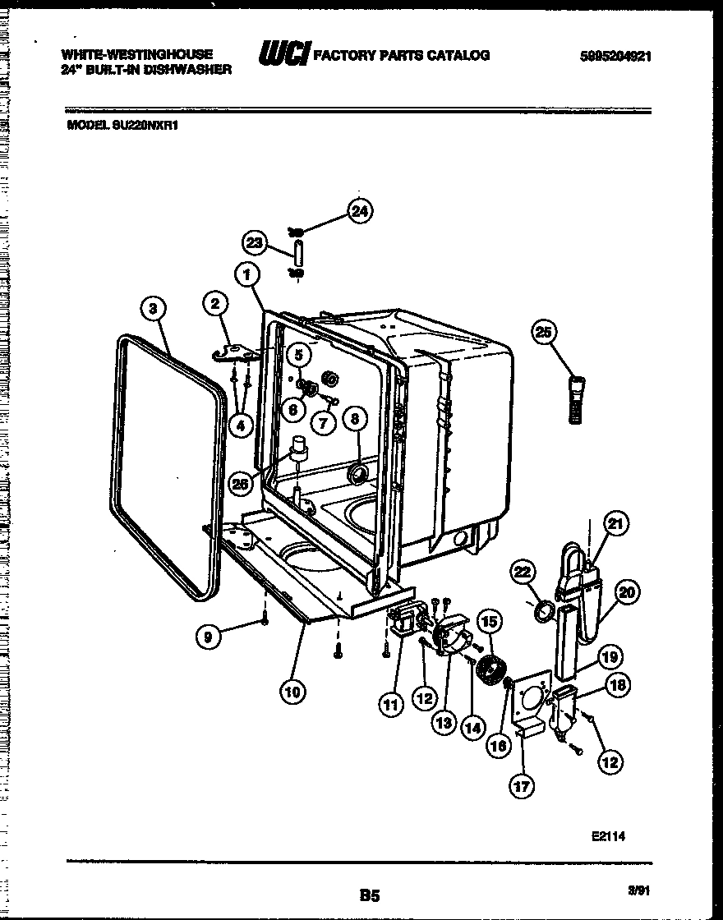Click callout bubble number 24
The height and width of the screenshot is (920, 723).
pyautogui.click(x=358, y=212)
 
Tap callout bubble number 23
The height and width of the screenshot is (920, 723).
pyautogui.click(x=255, y=242)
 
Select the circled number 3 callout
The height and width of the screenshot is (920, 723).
pyautogui.click(x=152, y=309)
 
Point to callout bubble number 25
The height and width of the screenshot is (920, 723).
pyautogui.click(x=544, y=332)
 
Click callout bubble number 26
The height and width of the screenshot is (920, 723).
pyautogui.click(x=239, y=484)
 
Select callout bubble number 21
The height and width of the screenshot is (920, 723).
pyautogui.click(x=615, y=523)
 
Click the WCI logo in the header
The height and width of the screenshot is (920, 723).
pyautogui.click(x=283, y=55)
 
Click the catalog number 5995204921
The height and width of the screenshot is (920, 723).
pyautogui.click(x=615, y=56)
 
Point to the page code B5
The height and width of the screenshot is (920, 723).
pyautogui.click(x=370, y=894)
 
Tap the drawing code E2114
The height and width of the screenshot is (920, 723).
pyautogui.click(x=608, y=837)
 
